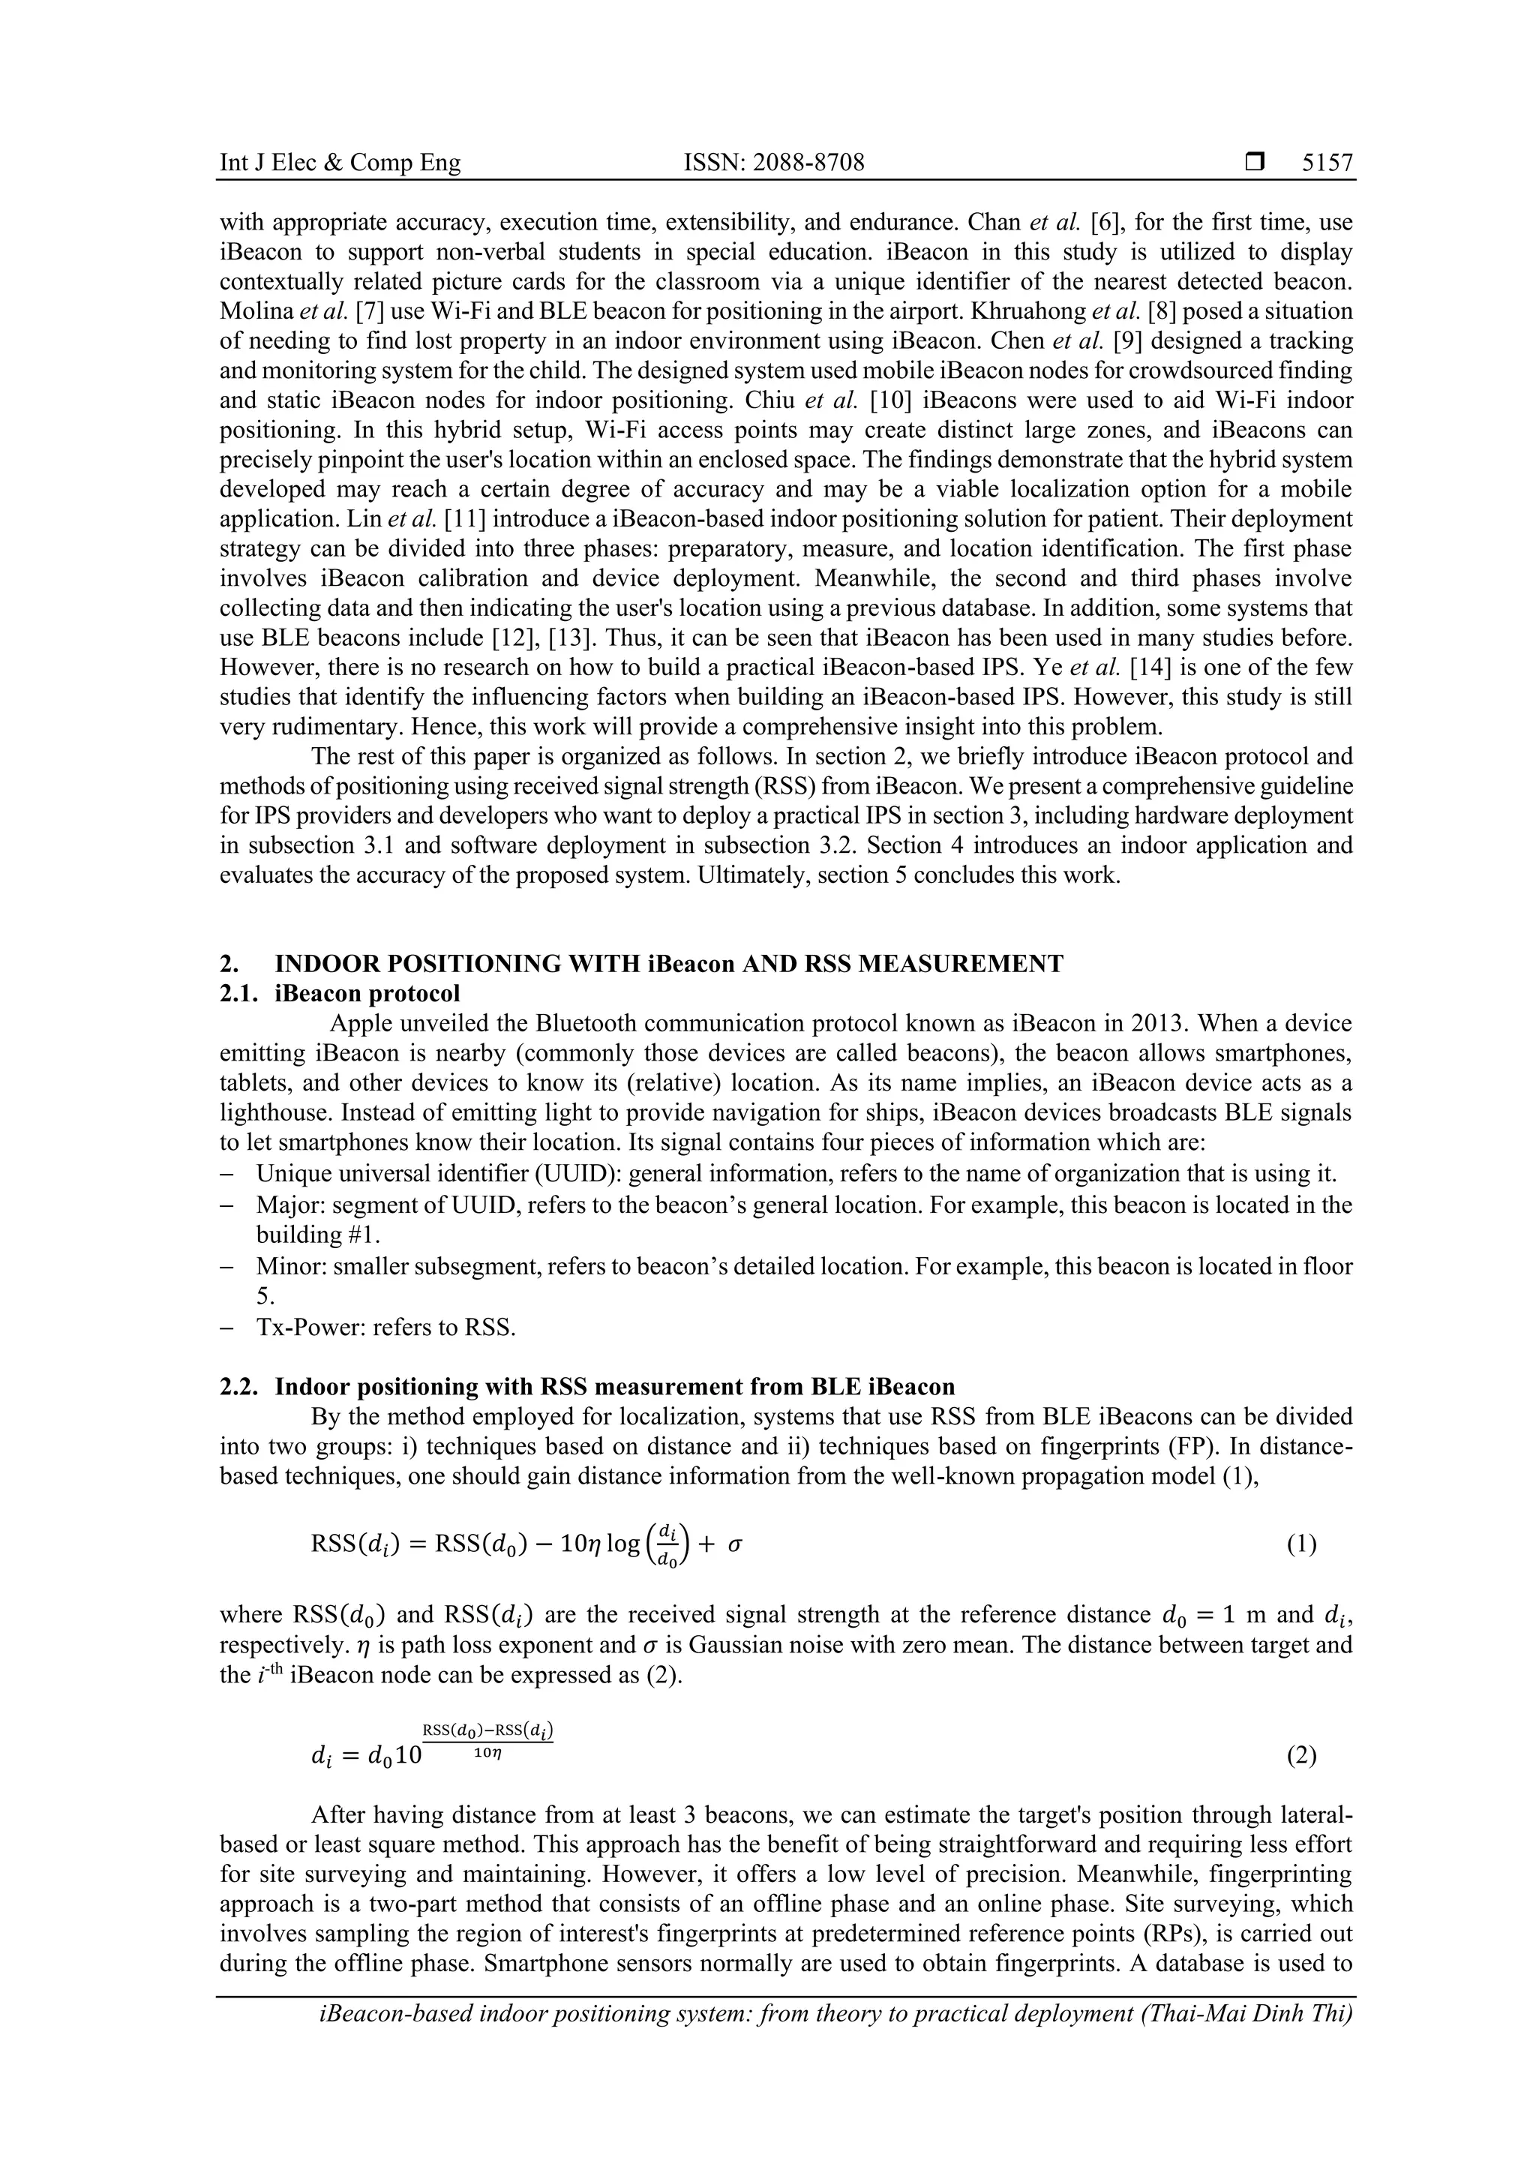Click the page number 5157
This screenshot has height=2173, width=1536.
coord(1327,163)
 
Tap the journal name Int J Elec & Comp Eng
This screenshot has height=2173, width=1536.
coord(340,163)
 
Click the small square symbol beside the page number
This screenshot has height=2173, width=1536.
coord(1255,163)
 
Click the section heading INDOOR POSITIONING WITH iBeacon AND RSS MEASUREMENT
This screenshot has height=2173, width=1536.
coord(668,963)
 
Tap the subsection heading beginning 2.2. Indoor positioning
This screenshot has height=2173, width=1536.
coord(586,1386)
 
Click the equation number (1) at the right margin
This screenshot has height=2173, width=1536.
coord(1301,1544)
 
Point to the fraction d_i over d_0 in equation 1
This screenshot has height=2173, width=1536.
coord(668,1545)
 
